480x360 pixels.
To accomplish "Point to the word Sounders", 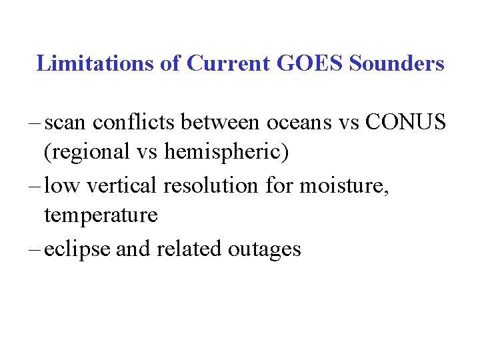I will (x=397, y=63).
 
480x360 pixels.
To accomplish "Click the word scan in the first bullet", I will (x=65, y=123).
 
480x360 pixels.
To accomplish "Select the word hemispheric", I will (x=225, y=153).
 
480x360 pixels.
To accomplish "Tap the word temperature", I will (x=101, y=216).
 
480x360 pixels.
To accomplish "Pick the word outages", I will (x=264, y=250).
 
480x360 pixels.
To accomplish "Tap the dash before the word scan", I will (x=35, y=123).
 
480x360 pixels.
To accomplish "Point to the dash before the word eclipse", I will (x=35, y=250).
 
